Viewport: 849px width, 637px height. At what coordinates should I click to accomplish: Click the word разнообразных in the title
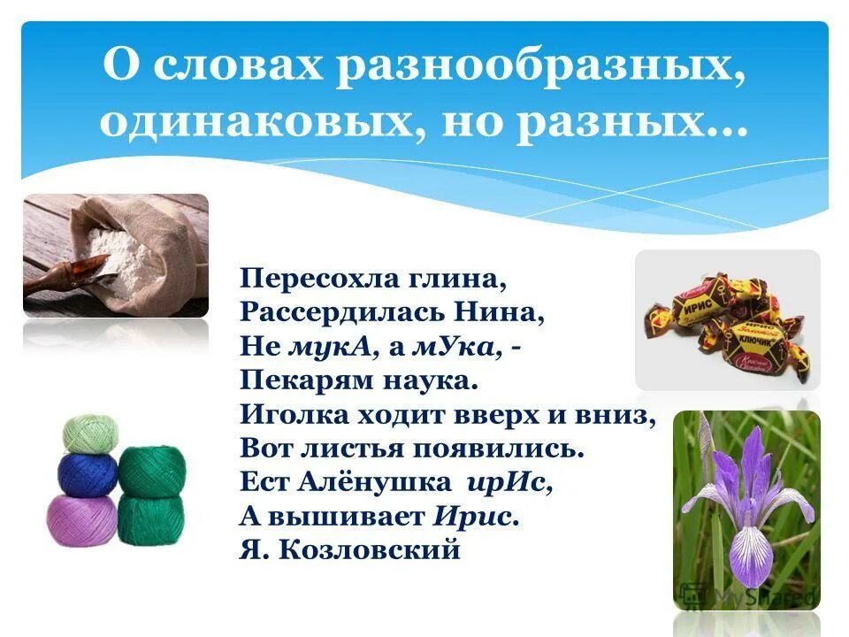pyautogui.click(x=534, y=69)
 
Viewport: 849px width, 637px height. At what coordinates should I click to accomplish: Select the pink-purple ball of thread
pyautogui.click(x=81, y=519)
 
